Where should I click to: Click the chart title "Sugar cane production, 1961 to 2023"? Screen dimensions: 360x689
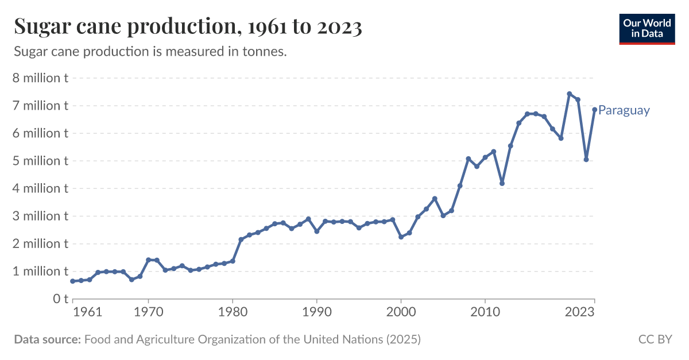tap(188, 27)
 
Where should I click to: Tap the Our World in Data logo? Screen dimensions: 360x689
tap(647, 29)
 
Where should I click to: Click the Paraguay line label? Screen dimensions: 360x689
tap(624, 110)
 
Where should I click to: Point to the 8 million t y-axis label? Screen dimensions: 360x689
tap(40, 78)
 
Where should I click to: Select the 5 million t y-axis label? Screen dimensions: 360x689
tap(40, 161)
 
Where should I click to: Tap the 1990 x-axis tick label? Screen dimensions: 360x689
tap(316, 312)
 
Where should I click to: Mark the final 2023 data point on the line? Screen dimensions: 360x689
tap(594, 110)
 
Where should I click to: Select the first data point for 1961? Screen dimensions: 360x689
tap(72, 281)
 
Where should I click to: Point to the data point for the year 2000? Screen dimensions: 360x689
tap(401, 237)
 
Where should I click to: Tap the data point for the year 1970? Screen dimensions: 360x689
tap(148, 260)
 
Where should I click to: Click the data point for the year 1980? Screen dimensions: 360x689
tap(233, 261)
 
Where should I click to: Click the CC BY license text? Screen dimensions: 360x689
tap(655, 339)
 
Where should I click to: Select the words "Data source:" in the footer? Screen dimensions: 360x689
tap(47, 339)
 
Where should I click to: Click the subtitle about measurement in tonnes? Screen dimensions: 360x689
tap(150, 52)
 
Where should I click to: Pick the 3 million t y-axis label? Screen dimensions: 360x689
tap(40, 216)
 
